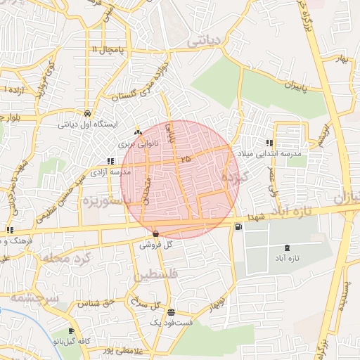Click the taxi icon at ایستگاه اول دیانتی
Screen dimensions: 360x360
(86, 113)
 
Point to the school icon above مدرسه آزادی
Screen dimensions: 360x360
(110, 161)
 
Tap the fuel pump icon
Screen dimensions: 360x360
(238, 226)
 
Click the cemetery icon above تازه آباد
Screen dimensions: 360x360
(286, 247)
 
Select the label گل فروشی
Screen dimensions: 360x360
(155, 245)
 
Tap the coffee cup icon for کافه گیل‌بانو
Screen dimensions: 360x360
(71, 331)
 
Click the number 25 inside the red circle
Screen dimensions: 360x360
(185, 160)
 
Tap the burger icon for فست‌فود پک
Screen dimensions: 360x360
(172, 313)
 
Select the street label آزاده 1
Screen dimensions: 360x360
(14, 91)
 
